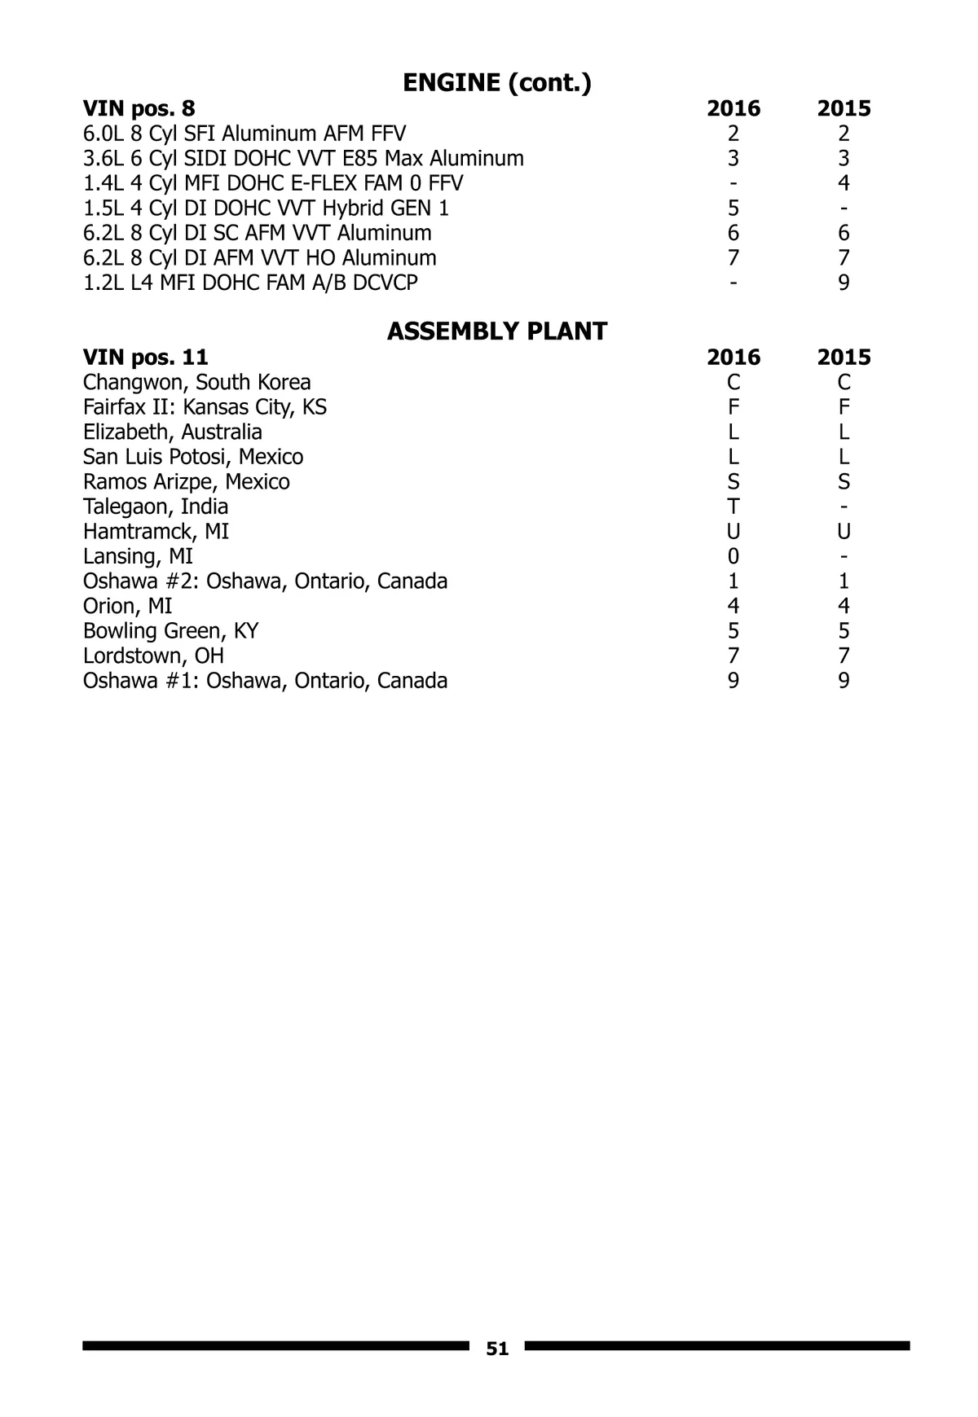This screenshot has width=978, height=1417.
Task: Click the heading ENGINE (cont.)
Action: [497, 83]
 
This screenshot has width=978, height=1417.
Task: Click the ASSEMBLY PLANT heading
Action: [497, 331]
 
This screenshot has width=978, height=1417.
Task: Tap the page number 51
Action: [497, 1349]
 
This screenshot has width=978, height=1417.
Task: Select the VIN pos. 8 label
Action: [139, 108]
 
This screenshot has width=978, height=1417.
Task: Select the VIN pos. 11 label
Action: [145, 357]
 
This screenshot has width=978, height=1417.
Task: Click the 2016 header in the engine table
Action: [733, 108]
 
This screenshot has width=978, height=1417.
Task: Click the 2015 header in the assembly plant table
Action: [844, 357]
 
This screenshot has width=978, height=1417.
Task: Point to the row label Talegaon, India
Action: [155, 507]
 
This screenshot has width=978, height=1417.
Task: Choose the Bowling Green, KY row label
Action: [170, 631]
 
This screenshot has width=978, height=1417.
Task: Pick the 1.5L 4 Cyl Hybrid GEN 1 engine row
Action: [266, 208]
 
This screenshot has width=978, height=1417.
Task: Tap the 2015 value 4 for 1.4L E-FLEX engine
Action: [844, 183]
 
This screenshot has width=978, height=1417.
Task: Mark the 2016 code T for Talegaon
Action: [733, 507]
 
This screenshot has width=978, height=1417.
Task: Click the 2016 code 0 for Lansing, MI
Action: [733, 556]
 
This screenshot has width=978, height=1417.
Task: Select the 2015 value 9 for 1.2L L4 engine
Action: [844, 283]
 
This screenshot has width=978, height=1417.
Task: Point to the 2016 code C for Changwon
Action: [733, 382]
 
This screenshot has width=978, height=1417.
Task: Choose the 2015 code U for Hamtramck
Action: [844, 532]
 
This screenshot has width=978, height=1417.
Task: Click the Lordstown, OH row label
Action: [153, 656]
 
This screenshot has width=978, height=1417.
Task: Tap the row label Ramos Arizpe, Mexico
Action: [186, 482]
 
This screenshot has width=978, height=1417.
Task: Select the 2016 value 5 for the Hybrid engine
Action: [733, 208]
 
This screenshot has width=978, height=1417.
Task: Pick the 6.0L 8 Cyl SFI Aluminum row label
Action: [244, 134]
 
